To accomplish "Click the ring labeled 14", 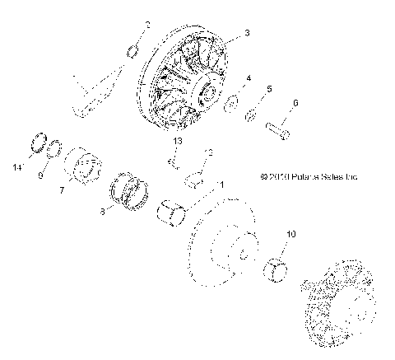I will pyautogui.click(x=36, y=141).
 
